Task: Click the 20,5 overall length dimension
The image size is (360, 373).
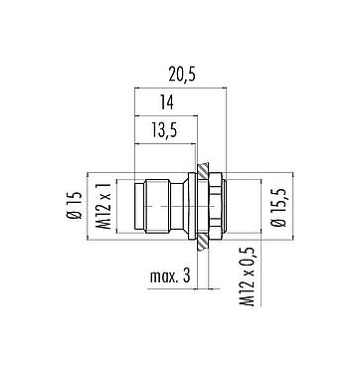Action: pos(180,74)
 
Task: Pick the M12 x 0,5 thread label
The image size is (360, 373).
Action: pos(236,294)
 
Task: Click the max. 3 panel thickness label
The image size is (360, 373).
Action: pos(171,280)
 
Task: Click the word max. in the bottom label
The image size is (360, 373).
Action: pos(163,280)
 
